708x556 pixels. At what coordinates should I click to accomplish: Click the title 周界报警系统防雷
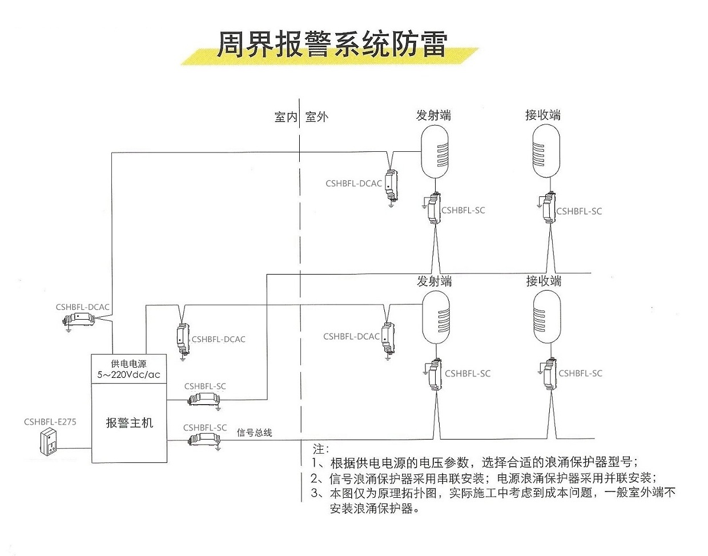point(331,44)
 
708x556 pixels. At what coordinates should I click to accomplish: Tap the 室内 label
point(285,117)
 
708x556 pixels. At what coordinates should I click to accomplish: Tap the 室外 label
point(317,117)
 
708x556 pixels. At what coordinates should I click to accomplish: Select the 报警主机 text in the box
point(130,423)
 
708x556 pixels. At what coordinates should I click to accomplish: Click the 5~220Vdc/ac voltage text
point(129,375)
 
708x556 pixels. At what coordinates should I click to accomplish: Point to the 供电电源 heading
point(128,364)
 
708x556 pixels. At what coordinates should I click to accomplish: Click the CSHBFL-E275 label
point(50,422)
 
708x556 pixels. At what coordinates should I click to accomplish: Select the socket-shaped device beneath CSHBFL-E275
point(51,443)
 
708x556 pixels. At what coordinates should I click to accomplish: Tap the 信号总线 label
point(255,433)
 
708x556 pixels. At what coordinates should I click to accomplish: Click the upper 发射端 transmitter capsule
point(435,151)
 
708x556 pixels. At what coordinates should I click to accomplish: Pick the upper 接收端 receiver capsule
point(546,151)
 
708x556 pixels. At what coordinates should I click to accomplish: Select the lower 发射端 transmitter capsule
point(436,317)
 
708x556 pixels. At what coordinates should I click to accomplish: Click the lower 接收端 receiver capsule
point(546,317)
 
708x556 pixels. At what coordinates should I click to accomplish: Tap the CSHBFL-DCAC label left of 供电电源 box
point(82,307)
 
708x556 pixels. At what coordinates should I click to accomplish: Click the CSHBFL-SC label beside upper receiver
point(579,211)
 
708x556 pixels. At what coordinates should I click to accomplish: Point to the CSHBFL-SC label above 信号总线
point(205,428)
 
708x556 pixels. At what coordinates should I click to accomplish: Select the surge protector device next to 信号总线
point(204,440)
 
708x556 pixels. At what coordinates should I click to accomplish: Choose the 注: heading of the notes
point(321,449)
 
